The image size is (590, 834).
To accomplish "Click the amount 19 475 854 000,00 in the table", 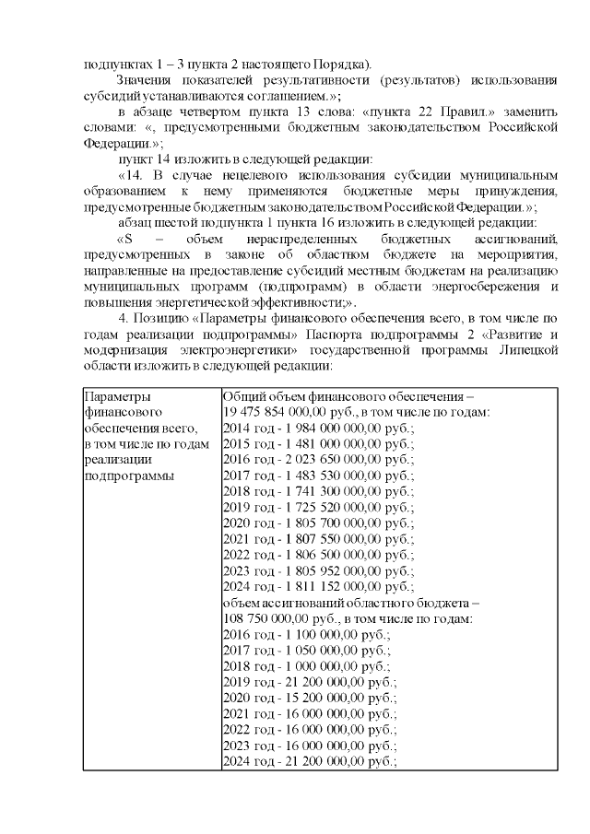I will click(278, 412).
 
